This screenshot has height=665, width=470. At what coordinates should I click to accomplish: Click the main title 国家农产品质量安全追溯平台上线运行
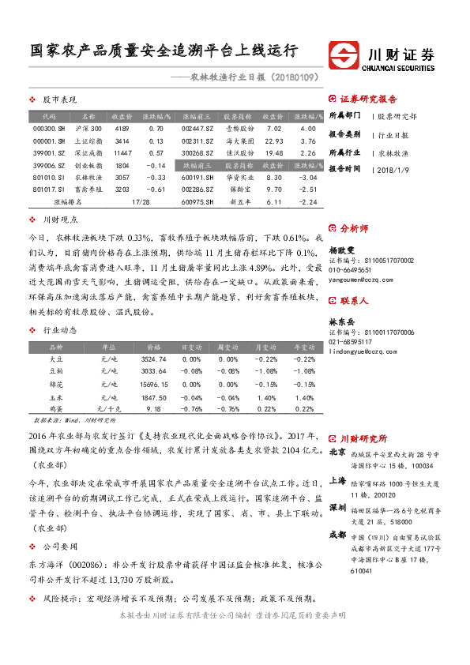coord(164,51)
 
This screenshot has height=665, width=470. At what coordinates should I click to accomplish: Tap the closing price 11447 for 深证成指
coord(122,153)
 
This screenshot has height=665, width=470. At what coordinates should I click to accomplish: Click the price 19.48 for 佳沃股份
coord(274,153)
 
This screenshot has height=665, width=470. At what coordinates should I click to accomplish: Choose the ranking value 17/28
coord(141,202)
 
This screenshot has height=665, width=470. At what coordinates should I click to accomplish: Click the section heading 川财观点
coord(60,220)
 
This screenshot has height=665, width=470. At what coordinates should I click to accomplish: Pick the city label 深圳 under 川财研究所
coord(337,506)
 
